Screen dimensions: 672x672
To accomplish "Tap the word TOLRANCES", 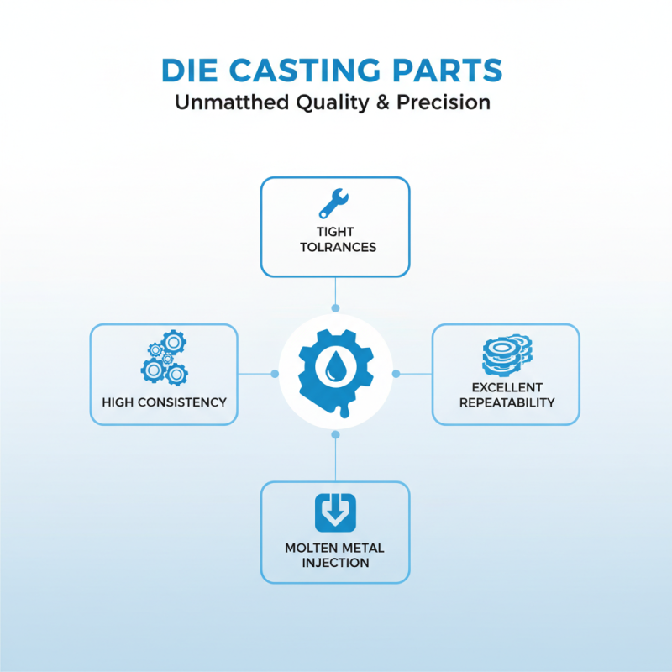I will pyautogui.click(x=335, y=247).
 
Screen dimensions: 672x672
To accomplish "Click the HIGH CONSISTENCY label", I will pyautogui.click(x=164, y=402).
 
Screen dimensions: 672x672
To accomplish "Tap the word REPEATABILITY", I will pyautogui.click(x=507, y=402).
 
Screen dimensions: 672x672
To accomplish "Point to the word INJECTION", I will pyautogui.click(x=335, y=562).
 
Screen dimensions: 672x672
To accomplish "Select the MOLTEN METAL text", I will pyautogui.click(x=335, y=548).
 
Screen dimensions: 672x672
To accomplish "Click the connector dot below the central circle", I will pyautogui.click(x=335, y=434).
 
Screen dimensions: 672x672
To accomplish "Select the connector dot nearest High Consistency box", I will pyautogui.click(x=275, y=373).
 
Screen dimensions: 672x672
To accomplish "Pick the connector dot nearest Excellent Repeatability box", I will pyautogui.click(x=396, y=373).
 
